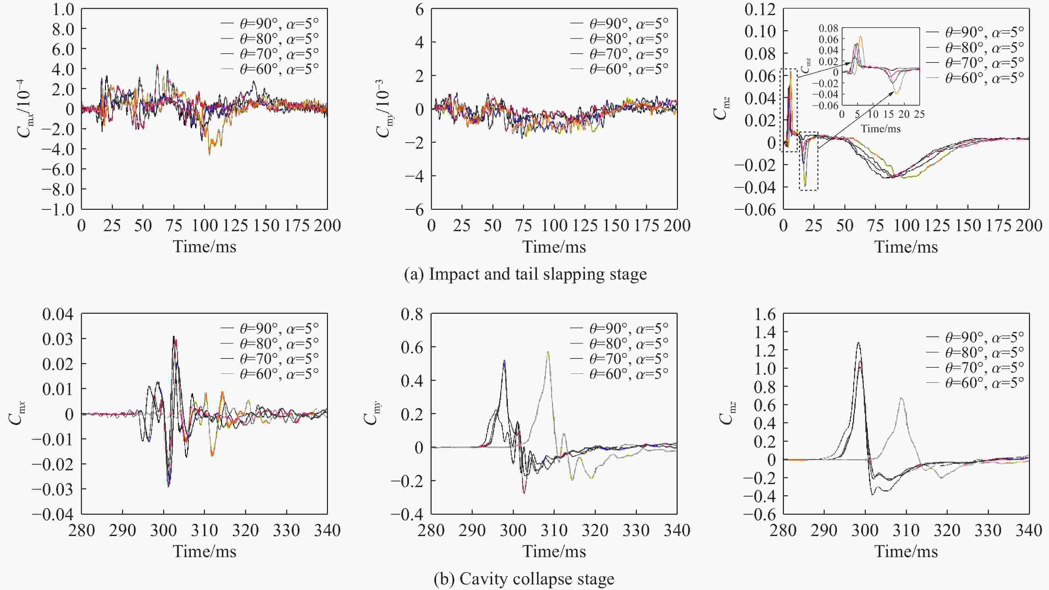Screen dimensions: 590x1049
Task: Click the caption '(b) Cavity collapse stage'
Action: point(524,578)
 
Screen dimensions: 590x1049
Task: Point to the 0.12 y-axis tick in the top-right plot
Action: point(760,9)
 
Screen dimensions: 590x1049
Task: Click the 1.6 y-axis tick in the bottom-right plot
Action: point(765,314)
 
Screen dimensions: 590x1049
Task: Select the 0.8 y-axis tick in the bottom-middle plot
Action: point(412,314)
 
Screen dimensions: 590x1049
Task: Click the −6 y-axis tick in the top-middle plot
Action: point(414,210)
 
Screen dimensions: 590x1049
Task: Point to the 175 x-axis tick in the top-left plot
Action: point(296,226)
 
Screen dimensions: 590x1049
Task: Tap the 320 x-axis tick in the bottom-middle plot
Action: point(595,530)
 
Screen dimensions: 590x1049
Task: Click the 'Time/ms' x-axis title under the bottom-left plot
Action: point(204,551)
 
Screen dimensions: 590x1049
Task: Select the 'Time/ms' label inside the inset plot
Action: point(880,129)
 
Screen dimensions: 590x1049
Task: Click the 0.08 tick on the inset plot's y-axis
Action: point(828,28)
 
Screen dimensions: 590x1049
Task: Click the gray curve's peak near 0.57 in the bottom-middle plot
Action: point(548,352)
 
